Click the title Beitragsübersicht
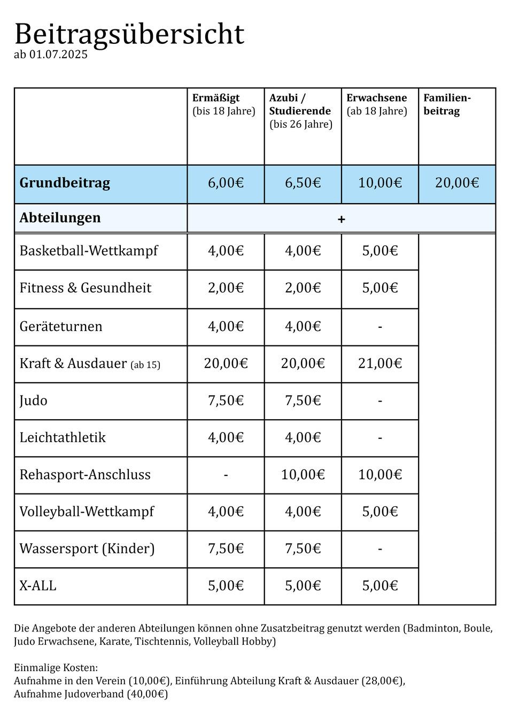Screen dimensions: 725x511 coord(129,34)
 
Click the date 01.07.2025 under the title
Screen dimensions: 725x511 coord(58,55)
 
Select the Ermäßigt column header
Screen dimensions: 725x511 coord(216,98)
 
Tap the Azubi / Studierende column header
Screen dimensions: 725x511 coord(300,111)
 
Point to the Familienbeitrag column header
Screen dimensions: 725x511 coord(447,104)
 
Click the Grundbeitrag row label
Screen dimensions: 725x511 coord(65,183)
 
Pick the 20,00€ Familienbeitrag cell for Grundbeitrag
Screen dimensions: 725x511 coord(456,183)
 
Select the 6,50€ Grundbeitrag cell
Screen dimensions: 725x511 coord(303,183)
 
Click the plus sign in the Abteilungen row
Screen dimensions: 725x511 coord(342,219)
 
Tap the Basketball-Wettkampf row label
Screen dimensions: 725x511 coord(89,251)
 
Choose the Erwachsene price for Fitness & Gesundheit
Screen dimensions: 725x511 coord(380,288)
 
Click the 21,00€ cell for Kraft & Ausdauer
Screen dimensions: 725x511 coord(380,364)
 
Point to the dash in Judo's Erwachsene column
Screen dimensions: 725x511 coord(380,401)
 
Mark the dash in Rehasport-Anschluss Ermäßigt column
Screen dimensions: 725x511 coord(226,475)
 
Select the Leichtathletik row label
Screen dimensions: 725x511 coord(63,438)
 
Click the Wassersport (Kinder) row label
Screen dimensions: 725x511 coord(87,549)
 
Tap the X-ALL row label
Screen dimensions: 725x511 coord(38,586)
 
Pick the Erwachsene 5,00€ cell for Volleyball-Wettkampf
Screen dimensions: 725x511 coord(380,512)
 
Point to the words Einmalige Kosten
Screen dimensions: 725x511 coord(56,668)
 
